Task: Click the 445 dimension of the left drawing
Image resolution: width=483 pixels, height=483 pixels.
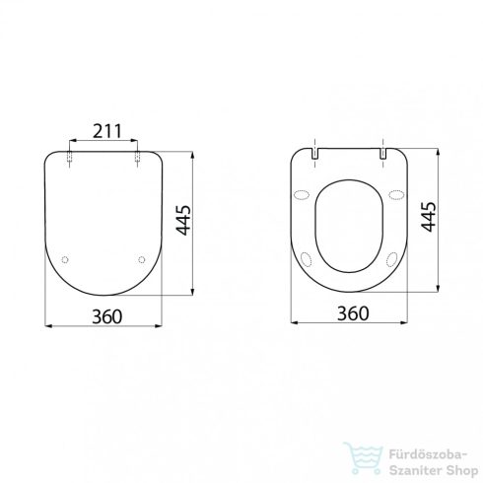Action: click(182, 226)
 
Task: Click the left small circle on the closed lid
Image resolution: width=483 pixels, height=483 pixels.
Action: click(65, 260)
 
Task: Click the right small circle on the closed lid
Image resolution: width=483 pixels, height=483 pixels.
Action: click(142, 260)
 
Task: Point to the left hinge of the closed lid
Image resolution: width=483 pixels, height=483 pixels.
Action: click(70, 156)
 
